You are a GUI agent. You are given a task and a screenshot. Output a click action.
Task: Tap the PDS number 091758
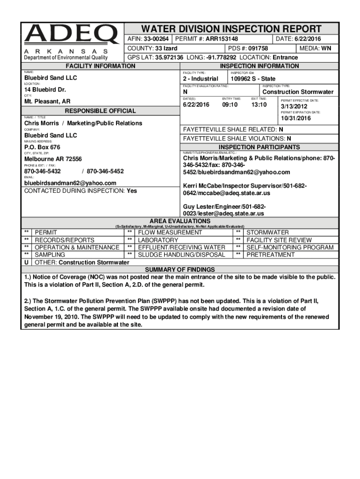(258, 48)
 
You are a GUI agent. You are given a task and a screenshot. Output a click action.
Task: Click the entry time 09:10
(230, 105)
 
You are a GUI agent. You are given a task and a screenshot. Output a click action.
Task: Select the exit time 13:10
(259, 105)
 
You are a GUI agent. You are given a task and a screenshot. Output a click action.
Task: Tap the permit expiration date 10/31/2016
(295, 118)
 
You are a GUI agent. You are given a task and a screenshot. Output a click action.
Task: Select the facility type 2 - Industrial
(201, 79)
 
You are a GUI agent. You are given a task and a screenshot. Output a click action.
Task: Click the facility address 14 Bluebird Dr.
(45, 90)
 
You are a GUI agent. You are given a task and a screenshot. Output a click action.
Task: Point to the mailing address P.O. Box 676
(42, 147)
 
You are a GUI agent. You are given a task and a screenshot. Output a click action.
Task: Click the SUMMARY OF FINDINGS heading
(180, 270)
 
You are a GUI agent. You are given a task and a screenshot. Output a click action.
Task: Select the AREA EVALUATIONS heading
(180, 221)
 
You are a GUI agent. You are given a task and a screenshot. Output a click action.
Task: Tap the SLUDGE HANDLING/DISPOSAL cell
(181, 255)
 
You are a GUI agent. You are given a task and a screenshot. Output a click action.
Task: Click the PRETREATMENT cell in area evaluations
(271, 255)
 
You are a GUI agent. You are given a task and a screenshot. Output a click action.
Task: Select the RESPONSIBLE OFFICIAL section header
(101, 111)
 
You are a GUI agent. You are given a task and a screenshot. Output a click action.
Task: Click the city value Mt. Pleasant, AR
(48, 102)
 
